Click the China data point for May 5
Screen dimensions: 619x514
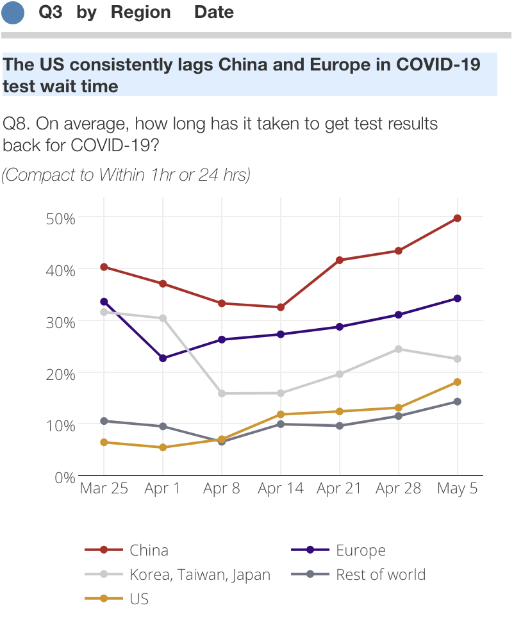point(458,219)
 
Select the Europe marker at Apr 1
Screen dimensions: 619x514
point(163,358)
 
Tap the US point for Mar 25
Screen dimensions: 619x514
point(104,442)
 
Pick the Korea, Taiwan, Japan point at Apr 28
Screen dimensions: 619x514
point(399,349)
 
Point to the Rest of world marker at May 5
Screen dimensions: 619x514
point(458,402)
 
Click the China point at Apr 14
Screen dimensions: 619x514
point(281,308)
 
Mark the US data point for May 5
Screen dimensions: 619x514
point(458,382)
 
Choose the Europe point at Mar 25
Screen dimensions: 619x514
point(104,302)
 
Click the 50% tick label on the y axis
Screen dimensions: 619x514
point(61,218)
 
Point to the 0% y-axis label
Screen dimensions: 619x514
point(65,477)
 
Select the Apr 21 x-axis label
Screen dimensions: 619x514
point(340,489)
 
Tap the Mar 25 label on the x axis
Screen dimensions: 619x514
point(104,489)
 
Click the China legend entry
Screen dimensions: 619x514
point(149,550)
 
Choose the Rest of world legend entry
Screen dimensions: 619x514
point(380,574)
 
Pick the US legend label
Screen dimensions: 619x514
point(139,599)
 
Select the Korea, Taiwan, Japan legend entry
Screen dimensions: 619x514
point(199,575)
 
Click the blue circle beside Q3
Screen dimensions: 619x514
point(13,13)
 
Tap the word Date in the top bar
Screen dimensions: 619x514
point(214,12)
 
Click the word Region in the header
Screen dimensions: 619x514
point(141,12)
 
